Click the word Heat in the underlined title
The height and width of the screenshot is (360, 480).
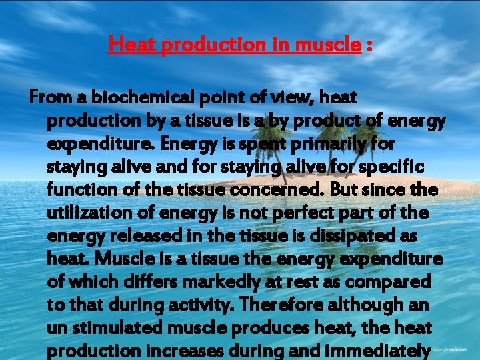(129, 45)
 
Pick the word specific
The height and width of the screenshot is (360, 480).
(402, 167)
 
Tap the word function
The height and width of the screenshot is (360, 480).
(82, 190)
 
